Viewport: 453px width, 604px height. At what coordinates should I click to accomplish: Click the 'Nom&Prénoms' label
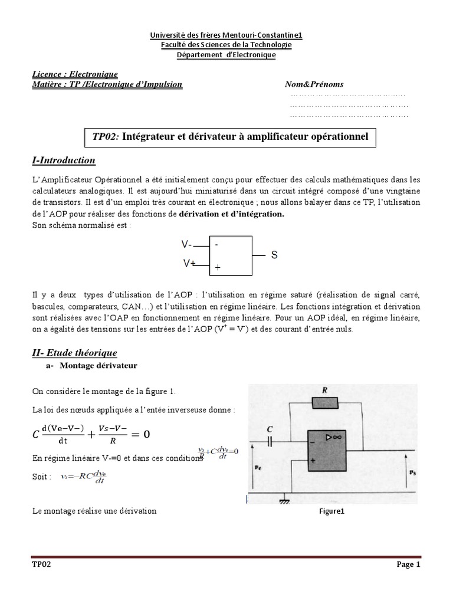tap(314, 84)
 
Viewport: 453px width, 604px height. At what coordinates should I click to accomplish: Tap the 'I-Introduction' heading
tap(63, 161)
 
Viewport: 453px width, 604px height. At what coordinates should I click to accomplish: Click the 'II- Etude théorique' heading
tap(74, 353)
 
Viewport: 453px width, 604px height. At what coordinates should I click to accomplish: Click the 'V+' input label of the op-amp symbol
tap(189, 264)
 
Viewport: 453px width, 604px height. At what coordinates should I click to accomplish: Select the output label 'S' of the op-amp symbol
tap(274, 255)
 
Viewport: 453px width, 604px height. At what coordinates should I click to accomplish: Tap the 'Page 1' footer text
tap(408, 564)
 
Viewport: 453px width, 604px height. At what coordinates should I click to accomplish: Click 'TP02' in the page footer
tap(42, 564)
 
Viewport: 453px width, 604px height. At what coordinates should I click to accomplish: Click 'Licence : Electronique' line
tap(75, 74)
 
